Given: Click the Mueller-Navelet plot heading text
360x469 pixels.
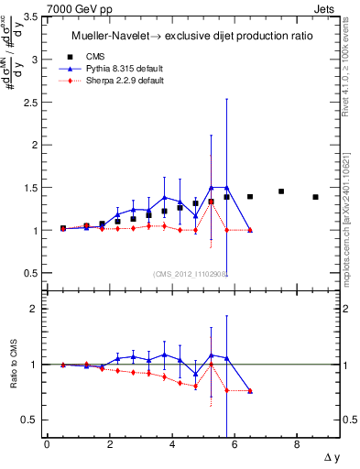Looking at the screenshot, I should pos(190,36).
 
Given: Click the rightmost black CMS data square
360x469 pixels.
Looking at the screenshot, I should pos(315,197).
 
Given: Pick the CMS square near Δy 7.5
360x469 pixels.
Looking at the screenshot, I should pos(281,191).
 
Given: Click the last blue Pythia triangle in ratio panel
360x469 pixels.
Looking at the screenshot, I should pos(250,390).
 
